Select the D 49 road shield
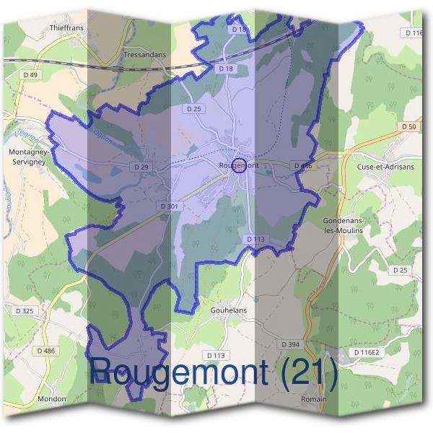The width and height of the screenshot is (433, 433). click(x=30, y=74)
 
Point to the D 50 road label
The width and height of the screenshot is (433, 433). click(x=408, y=127)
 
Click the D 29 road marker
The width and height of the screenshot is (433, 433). click(x=141, y=167)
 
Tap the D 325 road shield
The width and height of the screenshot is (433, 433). click(x=23, y=311)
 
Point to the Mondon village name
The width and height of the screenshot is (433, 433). click(x=52, y=398)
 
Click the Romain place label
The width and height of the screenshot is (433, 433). click(x=314, y=398)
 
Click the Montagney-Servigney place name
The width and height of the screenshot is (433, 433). click(x=28, y=157)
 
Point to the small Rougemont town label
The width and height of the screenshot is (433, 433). click(x=238, y=165)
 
